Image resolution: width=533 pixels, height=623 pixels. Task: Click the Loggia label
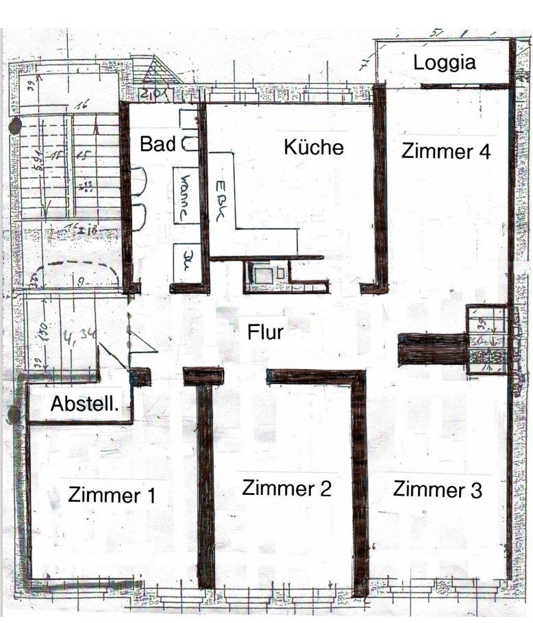tap(445, 63)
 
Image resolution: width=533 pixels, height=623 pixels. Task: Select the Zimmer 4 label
tap(445, 151)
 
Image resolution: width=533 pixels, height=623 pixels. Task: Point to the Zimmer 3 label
tap(437, 489)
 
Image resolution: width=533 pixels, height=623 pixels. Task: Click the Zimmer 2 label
tap(286, 488)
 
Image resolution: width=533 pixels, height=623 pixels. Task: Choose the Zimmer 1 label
tap(112, 494)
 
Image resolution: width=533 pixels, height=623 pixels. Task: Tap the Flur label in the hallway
tap(266, 333)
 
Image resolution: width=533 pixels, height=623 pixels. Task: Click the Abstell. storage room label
tap(84, 404)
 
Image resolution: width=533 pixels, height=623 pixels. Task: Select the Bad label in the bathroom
tap(157, 144)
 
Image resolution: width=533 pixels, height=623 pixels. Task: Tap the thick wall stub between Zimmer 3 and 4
tap(432, 349)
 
